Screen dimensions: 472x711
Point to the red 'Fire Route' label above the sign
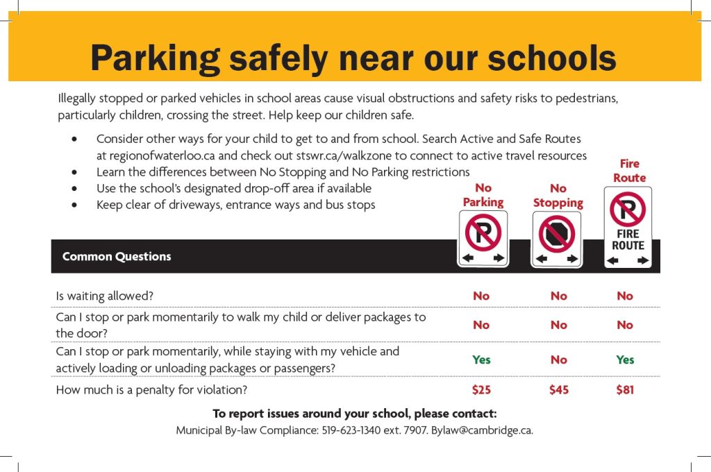pos(629,171)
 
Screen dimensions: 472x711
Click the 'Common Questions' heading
pos(117,256)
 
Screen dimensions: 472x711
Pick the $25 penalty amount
pos(481,390)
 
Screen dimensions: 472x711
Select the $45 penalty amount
pos(558,390)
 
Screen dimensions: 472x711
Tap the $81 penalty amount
pos(625,390)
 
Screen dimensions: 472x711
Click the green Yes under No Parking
pos(481,360)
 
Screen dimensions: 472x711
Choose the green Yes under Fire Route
pos(625,360)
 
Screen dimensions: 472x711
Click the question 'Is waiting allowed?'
pos(104,296)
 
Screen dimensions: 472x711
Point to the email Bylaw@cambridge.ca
pos(482,430)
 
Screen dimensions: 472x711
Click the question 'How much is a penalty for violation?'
pos(151,390)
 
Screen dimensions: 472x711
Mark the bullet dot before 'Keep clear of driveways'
pos(75,205)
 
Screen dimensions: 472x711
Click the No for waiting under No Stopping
pos(558,296)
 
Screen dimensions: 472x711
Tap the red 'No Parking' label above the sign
pos(483,195)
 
